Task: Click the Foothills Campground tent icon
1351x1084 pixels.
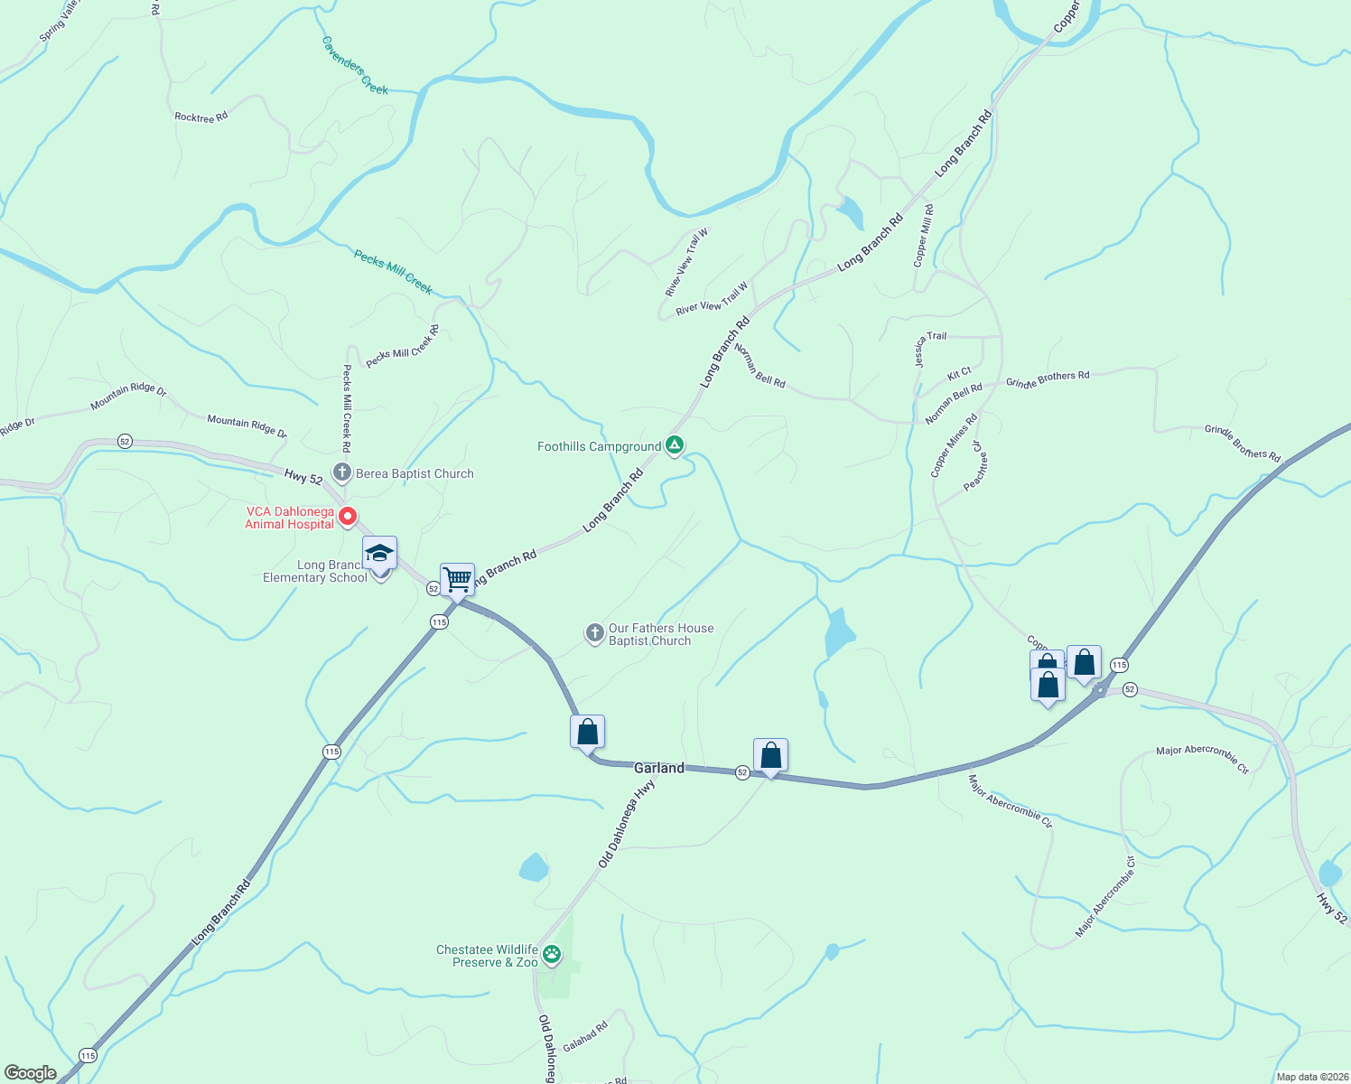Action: click(x=674, y=445)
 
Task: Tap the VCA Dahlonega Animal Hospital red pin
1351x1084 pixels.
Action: click(x=347, y=517)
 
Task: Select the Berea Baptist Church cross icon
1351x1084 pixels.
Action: click(x=341, y=472)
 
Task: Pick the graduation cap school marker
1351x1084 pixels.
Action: click(x=379, y=553)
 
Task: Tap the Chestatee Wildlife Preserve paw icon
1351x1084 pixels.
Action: click(x=552, y=954)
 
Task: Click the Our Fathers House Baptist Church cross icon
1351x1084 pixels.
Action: click(x=594, y=633)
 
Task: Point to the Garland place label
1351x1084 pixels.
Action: click(x=658, y=768)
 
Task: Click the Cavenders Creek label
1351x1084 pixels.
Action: click(x=355, y=65)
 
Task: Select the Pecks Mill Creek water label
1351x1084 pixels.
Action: click(x=393, y=272)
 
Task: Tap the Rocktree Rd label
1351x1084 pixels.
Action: click(x=200, y=117)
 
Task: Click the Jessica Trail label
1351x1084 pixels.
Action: click(x=930, y=348)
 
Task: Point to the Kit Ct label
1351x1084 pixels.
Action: click(x=959, y=373)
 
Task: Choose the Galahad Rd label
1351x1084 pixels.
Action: click(x=585, y=1036)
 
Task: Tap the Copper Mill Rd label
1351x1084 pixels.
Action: click(x=923, y=235)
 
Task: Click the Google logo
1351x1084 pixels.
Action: click(x=31, y=1073)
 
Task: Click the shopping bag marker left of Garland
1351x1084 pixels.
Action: click(x=587, y=732)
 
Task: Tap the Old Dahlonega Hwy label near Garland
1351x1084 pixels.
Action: click(x=626, y=825)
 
